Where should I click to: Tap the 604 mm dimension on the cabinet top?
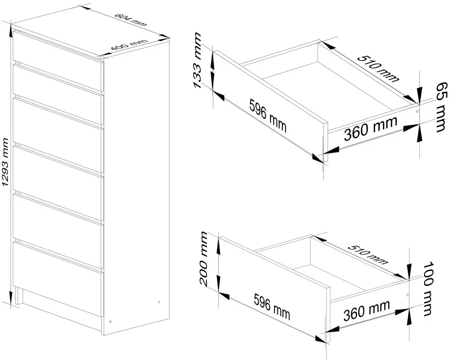point(130,20)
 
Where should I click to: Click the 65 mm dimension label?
point(442,107)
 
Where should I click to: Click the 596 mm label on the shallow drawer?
point(268,115)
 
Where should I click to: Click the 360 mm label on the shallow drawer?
point(371,128)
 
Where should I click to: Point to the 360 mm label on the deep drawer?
point(367,310)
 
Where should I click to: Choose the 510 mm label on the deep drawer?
point(368,254)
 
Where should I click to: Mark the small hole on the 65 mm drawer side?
point(418,111)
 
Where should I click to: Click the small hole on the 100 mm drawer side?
point(407,295)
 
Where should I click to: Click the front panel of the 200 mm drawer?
point(274,289)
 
